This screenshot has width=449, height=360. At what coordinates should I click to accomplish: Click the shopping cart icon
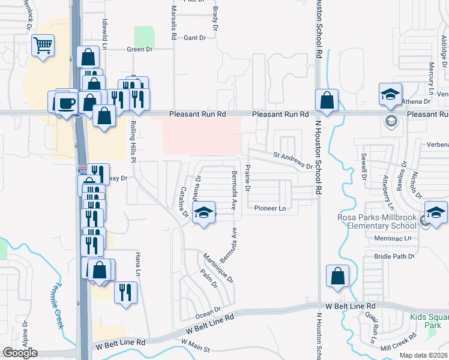point(43,46)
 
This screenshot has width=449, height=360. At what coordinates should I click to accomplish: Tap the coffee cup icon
point(66,102)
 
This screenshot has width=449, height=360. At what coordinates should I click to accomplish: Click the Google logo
point(20,353)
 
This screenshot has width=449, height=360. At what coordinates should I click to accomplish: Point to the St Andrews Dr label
point(293,160)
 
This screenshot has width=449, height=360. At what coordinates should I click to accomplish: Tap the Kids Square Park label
point(429,321)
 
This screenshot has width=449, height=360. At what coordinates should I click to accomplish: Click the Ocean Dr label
point(209,313)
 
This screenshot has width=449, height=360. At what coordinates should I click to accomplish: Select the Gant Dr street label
point(194,38)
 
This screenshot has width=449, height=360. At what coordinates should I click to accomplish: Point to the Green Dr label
point(139,49)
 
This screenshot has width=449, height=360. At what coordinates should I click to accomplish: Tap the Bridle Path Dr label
point(394,256)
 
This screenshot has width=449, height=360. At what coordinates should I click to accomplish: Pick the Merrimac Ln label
point(391,238)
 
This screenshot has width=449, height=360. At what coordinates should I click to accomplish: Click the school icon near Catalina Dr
point(204,212)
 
